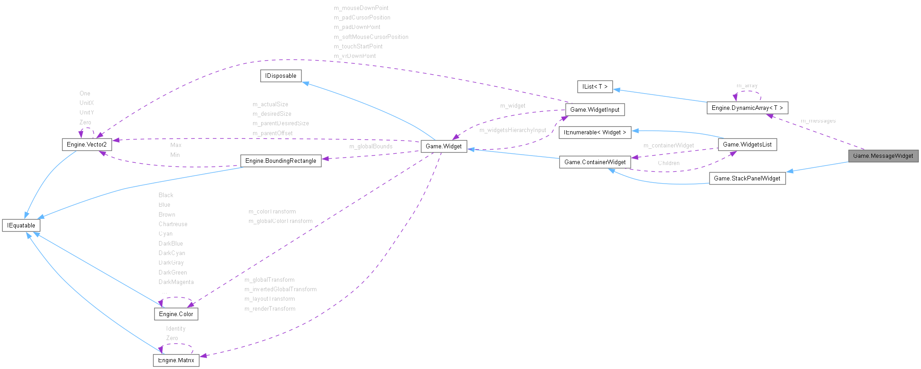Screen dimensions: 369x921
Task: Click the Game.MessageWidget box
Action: pyautogui.click(x=883, y=156)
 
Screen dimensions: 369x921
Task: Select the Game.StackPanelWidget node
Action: pyautogui.click(x=747, y=179)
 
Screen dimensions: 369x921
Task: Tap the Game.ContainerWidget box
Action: pyautogui.click(x=595, y=162)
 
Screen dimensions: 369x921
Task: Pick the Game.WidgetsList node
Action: pyautogui.click(x=747, y=145)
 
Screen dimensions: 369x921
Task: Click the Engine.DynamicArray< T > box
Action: pyautogui.click(x=747, y=108)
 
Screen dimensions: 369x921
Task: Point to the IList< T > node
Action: pyautogui.click(x=595, y=87)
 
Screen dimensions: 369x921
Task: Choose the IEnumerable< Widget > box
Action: pyautogui.click(x=595, y=132)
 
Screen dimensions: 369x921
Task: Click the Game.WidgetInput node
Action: pyautogui.click(x=595, y=110)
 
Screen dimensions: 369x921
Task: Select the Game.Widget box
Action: pyautogui.click(x=444, y=147)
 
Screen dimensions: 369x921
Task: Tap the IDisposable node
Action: pyautogui.click(x=281, y=76)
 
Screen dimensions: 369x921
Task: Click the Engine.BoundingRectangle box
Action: pyautogui.click(x=281, y=161)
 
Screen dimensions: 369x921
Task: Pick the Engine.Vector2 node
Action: pyautogui.click(x=87, y=145)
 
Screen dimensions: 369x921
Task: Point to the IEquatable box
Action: pyautogui.click(x=21, y=226)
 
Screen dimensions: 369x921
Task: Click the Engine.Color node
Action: pyautogui.click(x=176, y=314)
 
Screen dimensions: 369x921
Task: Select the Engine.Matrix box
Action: pyautogui.click(x=176, y=360)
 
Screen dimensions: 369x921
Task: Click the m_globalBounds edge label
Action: pyautogui.click(x=371, y=147)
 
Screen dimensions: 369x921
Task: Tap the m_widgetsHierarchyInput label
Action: pyautogui.click(x=512, y=130)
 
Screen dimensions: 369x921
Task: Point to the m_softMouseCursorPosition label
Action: pyautogui.click(x=371, y=37)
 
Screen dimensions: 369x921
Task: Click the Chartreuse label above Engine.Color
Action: pyautogui.click(x=173, y=224)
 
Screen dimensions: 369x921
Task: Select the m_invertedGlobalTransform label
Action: pyautogui.click(x=280, y=289)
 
